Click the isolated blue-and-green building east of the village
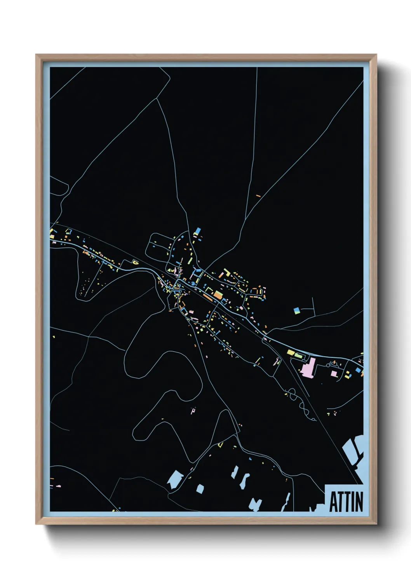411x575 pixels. pyautogui.click(x=296, y=310)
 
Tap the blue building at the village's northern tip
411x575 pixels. pyautogui.click(x=197, y=231)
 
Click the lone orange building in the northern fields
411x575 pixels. pyautogui.click(x=258, y=195)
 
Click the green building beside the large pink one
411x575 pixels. pyautogui.click(x=298, y=355)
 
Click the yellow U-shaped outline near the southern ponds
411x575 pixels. pyautogui.click(x=220, y=444)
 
